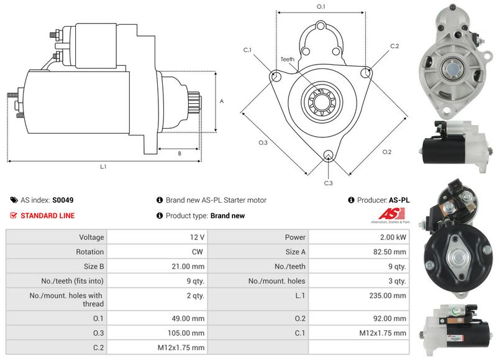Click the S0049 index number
(x=63, y=200)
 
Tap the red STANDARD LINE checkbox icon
(x=14, y=216)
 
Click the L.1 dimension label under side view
(x=103, y=167)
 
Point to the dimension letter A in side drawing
(x=222, y=101)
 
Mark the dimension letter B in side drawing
(x=180, y=153)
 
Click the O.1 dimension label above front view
(x=321, y=6)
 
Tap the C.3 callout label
(x=329, y=183)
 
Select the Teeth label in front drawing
(x=287, y=59)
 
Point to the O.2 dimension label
(x=387, y=152)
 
